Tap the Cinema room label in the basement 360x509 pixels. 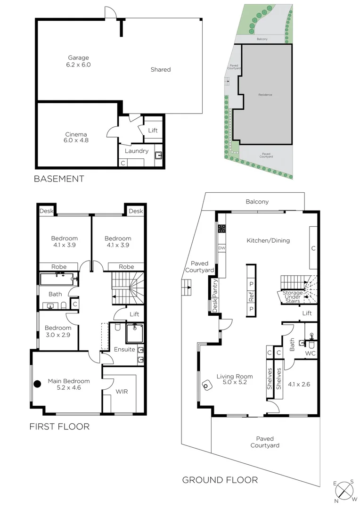[x=76, y=137]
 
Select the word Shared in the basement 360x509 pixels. [x=160, y=69]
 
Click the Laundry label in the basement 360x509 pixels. [x=137, y=151]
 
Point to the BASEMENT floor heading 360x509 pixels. [x=59, y=179]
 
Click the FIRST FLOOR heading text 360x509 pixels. [x=59, y=427]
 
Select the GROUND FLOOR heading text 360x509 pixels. [x=220, y=480]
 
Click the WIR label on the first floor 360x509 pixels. [x=122, y=392]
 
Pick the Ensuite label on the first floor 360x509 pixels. [x=124, y=349]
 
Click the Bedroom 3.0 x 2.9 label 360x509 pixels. [x=58, y=331]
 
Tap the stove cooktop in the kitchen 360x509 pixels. [x=221, y=229]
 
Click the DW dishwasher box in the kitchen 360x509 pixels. [x=221, y=248]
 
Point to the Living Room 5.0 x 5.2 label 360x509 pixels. [x=235, y=379]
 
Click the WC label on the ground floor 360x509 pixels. [x=310, y=353]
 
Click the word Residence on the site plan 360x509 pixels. [x=265, y=95]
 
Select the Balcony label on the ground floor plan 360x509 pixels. [x=257, y=202]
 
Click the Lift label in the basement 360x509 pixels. [x=153, y=130]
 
